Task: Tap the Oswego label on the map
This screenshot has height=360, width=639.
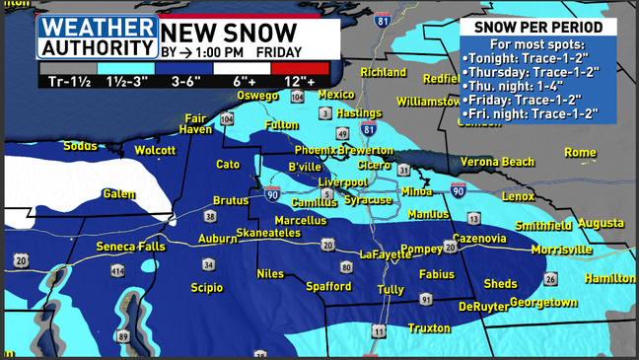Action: tap(259, 96)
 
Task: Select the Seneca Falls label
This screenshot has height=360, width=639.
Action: tap(130, 246)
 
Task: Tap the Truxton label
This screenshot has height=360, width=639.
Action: tap(431, 327)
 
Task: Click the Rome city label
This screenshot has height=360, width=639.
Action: tap(580, 152)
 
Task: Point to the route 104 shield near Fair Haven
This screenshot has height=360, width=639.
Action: tap(228, 119)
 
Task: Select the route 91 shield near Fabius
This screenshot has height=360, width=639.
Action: tap(426, 298)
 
